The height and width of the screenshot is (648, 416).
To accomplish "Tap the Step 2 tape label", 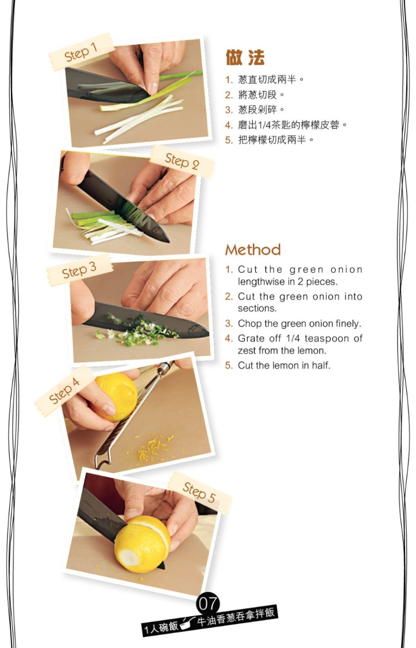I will [x=182, y=162].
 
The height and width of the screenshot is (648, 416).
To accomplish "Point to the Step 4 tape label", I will [x=64, y=390].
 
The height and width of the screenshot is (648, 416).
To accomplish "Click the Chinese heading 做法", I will [x=245, y=58].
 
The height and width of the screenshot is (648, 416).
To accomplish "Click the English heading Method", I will [x=253, y=250].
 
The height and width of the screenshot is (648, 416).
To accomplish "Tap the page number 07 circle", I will [x=208, y=604].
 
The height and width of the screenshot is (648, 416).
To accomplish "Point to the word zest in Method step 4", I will [x=247, y=351].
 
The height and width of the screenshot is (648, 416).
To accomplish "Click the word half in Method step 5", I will [x=321, y=365].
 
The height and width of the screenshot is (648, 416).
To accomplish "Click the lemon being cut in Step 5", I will [x=141, y=544].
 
